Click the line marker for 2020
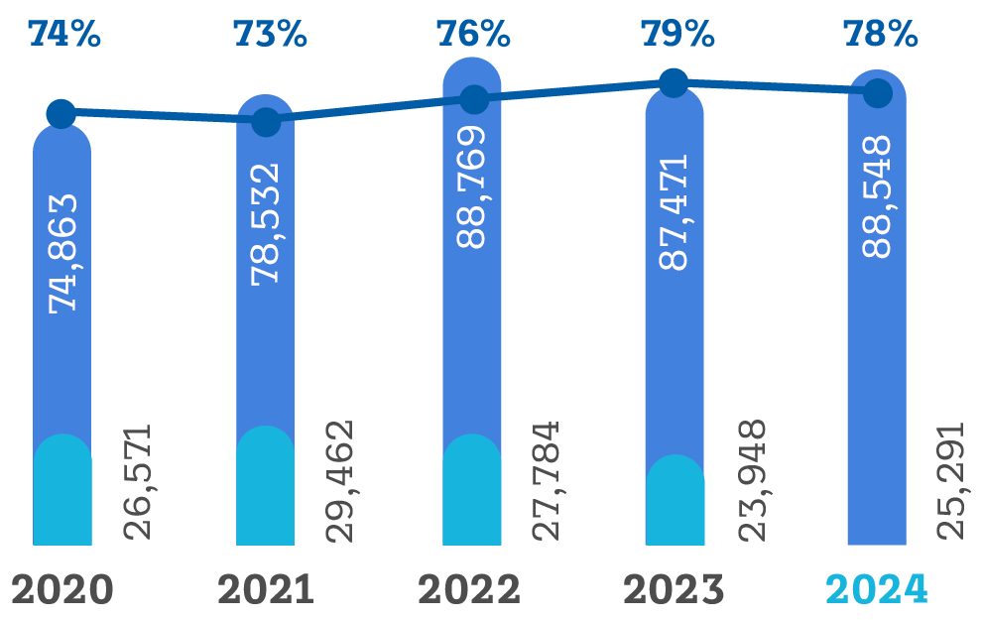[x=61, y=114]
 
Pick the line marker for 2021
[x=266, y=122]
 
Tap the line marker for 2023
[x=674, y=83]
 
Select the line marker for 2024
[x=878, y=93]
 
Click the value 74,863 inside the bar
[x=63, y=252]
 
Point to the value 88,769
[x=472, y=187]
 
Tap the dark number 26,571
[x=137, y=482]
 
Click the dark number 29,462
[x=340, y=481]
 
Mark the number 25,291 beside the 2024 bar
[x=951, y=481]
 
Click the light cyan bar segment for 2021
[x=266, y=488]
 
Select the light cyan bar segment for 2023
[x=675, y=502]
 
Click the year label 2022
[x=469, y=590]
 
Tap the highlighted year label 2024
[x=878, y=590]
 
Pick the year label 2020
[x=62, y=590]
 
